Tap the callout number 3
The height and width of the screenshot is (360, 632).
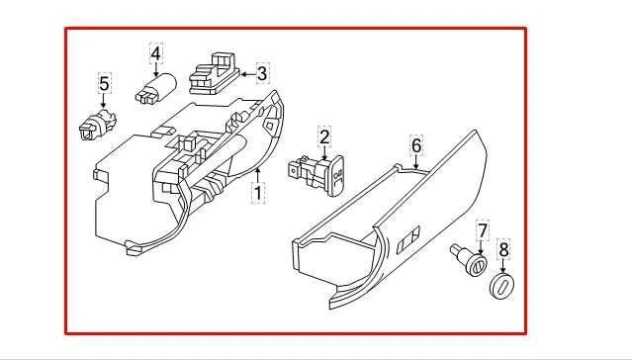pos(262,72)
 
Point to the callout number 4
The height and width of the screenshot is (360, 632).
pos(156,50)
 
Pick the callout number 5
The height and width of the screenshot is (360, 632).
pos(104,85)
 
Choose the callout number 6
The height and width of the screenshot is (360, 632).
pos(416,146)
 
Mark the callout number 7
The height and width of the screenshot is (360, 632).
pos(483,232)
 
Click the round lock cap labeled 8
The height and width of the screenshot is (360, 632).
pos(501,285)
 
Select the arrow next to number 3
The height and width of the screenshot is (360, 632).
pos(246,72)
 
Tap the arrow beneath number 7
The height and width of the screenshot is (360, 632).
pos(483,246)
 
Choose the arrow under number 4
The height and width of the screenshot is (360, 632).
pos(156,65)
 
